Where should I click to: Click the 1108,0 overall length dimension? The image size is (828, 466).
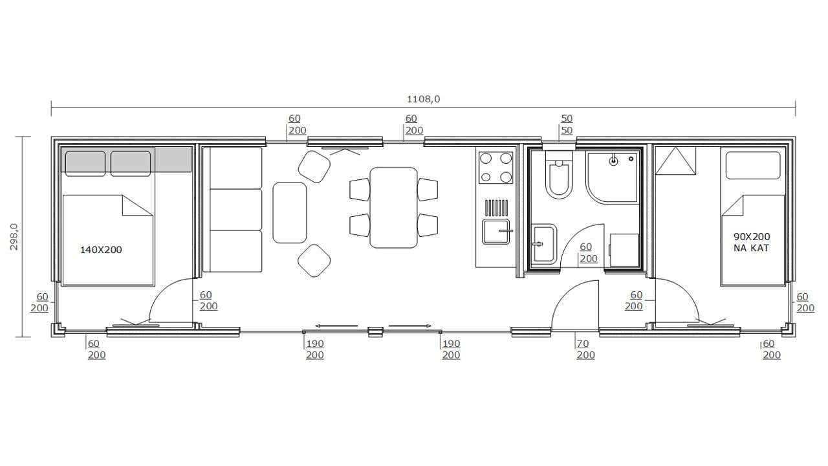click(x=423, y=99)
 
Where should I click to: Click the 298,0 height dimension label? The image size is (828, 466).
click(x=14, y=237)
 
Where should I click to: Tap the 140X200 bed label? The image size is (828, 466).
click(x=101, y=250)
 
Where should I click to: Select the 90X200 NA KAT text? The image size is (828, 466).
click(x=752, y=242)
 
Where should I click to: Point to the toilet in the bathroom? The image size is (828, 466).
click(x=559, y=178)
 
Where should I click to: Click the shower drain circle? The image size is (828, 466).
click(x=613, y=161)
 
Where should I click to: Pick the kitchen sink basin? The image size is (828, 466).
click(x=496, y=232)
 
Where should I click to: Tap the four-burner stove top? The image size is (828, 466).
click(x=496, y=168)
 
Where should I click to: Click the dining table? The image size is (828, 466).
click(x=394, y=208)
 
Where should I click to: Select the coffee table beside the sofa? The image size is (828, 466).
click(x=289, y=213)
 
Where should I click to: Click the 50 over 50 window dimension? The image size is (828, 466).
click(x=567, y=124)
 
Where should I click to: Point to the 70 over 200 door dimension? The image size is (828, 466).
click(x=585, y=349)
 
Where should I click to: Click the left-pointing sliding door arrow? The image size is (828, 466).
click(x=336, y=326)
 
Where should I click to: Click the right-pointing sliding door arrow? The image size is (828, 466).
click(x=410, y=326)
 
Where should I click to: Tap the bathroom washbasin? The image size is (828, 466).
click(x=544, y=244)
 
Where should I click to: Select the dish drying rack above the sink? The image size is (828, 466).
click(x=496, y=208)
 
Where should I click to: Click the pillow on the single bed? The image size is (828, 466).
click(x=753, y=165)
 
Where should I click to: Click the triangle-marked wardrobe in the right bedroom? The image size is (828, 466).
click(x=675, y=161)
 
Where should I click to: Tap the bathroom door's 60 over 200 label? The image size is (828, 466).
click(x=588, y=252)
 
